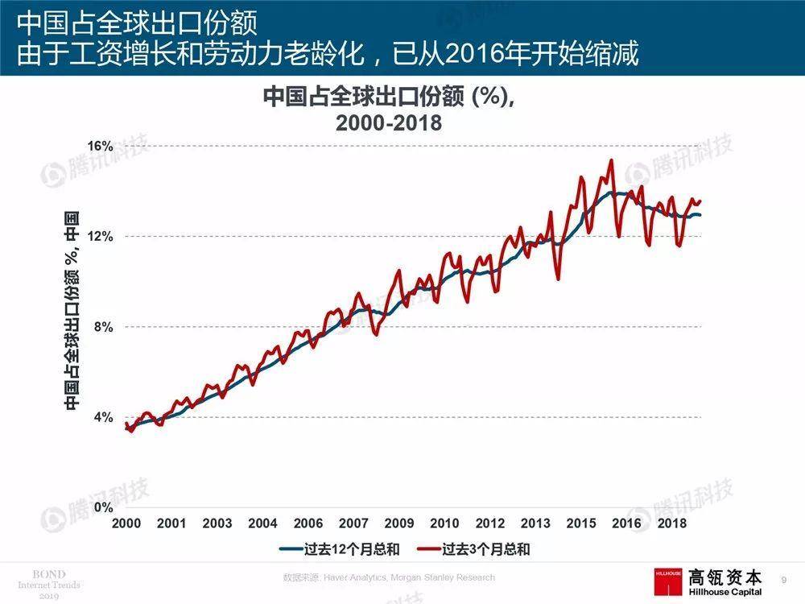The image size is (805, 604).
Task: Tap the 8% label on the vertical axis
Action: point(102,327)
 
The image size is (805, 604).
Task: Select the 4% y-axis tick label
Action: point(102,417)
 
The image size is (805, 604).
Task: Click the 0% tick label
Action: point(102,507)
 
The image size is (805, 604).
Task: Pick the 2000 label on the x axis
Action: point(126,523)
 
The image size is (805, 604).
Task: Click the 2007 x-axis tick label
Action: point(354,523)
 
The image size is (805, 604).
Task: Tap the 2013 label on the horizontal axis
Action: point(535,523)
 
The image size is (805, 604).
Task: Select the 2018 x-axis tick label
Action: point(672,523)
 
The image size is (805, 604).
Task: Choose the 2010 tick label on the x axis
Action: point(444,523)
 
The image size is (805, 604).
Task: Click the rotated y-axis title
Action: point(72,310)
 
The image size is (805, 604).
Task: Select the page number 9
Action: point(784,579)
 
